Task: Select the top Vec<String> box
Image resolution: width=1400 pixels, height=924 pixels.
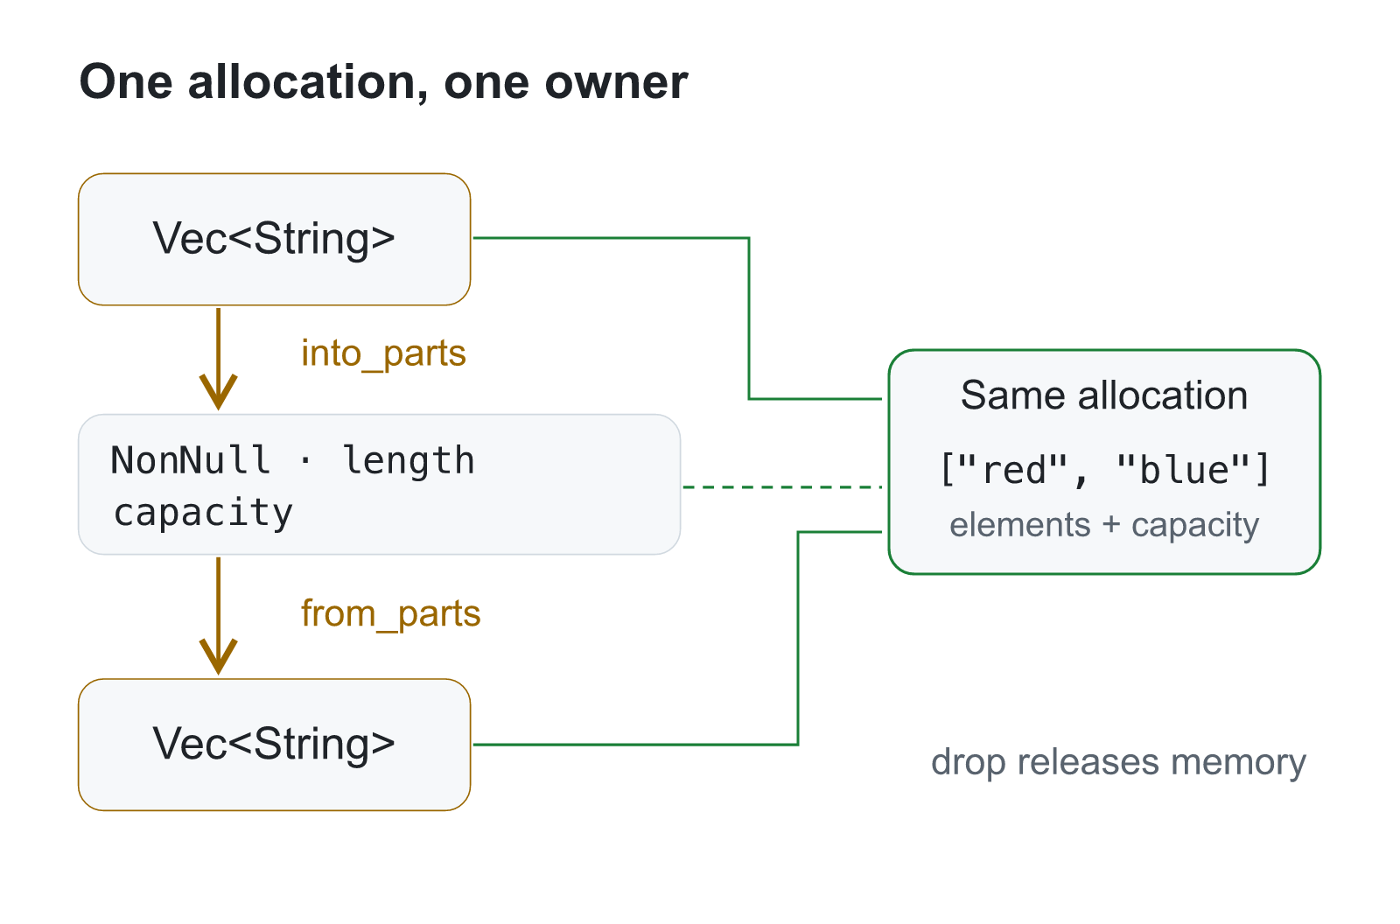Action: [275, 240]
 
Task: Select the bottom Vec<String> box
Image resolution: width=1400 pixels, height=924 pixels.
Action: [275, 745]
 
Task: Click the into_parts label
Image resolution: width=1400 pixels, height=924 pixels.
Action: [384, 353]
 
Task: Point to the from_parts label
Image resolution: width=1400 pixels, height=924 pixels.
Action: [390, 614]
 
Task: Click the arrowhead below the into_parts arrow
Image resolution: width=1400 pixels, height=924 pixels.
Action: [218, 392]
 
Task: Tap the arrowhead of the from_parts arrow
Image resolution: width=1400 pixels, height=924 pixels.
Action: [218, 656]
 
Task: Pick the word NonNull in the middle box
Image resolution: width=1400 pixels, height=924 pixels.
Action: [190, 460]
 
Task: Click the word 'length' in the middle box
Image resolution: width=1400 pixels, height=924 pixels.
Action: [409, 461]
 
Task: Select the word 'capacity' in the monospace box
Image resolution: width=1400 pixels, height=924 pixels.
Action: [203, 514]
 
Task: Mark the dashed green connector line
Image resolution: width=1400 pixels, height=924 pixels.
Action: [782, 486]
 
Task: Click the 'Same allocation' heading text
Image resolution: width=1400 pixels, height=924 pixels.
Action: [1104, 395]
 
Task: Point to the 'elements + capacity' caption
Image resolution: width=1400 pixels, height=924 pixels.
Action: [1104, 524]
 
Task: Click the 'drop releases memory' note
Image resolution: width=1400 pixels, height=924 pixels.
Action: [1119, 763]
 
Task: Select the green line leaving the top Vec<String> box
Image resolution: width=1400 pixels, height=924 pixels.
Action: [749, 318]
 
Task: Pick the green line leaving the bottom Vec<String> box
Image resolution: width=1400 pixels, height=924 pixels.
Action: [798, 638]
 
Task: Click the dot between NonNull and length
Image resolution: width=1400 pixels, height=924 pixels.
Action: [305, 461]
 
